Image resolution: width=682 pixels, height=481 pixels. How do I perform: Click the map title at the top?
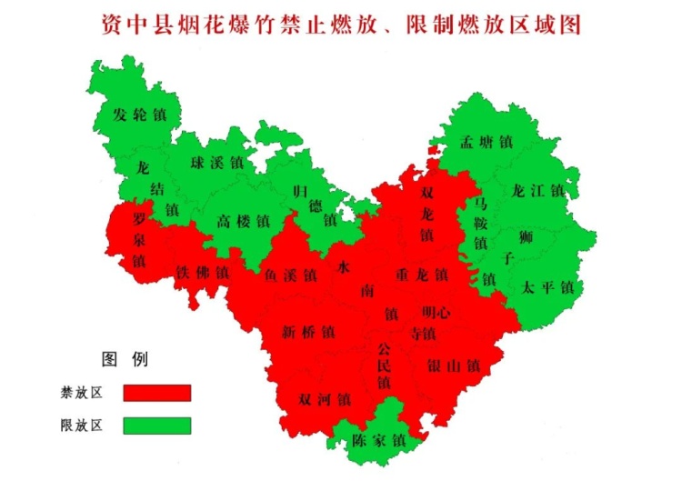tap(340, 25)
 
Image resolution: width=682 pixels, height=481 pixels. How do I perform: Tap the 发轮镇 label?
tap(139, 115)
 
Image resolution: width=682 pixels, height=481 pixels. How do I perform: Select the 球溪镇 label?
tap(216, 164)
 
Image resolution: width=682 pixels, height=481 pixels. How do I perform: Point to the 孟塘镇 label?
tap(486, 142)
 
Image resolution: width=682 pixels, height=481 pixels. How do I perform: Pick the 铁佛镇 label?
tap(202, 272)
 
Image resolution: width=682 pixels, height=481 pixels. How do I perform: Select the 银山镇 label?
tap(452, 366)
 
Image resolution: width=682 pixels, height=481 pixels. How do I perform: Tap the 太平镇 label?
tap(547, 287)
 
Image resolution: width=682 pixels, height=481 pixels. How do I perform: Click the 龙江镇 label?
tap(539, 191)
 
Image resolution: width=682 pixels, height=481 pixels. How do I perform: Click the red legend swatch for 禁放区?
tap(158, 393)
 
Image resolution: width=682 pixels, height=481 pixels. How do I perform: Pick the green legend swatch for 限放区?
tap(158, 426)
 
